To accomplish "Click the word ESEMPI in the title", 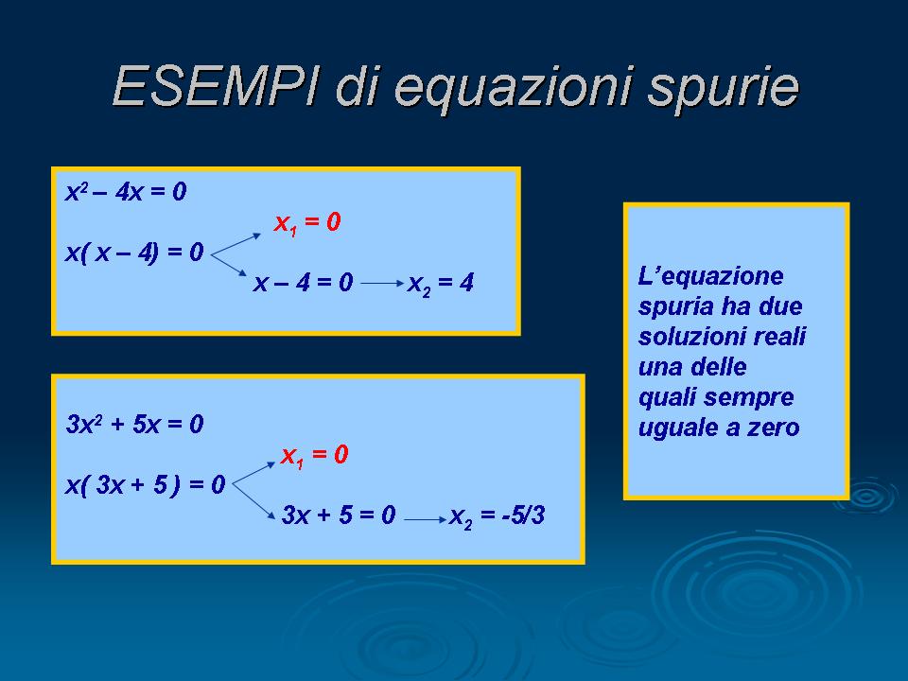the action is click(216, 86).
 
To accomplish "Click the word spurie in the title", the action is click(724, 90).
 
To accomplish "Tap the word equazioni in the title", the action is click(513, 90).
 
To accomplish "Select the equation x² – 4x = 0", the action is click(126, 192).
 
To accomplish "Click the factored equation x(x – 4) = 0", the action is click(134, 253).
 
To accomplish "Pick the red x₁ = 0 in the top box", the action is click(306, 223).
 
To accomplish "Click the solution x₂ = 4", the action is click(441, 284).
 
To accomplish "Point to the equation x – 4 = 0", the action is click(303, 283).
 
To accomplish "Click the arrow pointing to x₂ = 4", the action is click(382, 283).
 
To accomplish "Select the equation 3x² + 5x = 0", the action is click(135, 425).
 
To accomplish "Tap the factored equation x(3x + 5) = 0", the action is click(145, 484).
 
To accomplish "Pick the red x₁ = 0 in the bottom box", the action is click(314, 456).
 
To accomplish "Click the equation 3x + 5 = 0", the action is click(339, 515).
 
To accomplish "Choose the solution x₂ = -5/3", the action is click(497, 516).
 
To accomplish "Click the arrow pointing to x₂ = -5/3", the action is click(426, 519).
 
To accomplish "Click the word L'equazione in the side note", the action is click(710, 277).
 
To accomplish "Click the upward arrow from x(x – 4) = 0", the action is click(236, 244).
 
